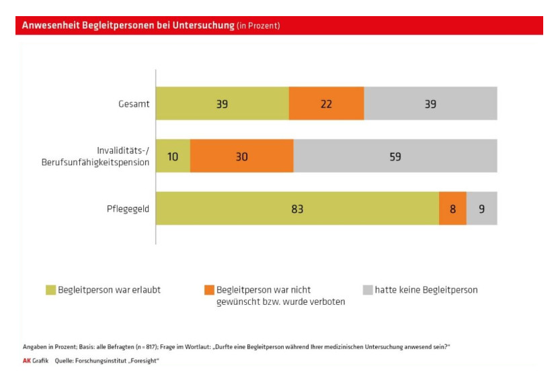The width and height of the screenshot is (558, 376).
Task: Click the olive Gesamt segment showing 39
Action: point(222,104)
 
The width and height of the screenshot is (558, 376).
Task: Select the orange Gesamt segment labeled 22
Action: point(326,104)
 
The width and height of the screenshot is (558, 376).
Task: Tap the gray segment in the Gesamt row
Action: point(430,104)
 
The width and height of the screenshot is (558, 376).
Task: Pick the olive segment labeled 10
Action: point(173,156)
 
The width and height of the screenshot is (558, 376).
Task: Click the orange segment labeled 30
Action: point(241,156)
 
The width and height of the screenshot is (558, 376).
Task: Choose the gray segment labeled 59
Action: point(395,156)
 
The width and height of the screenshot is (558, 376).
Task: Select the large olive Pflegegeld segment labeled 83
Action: point(297,209)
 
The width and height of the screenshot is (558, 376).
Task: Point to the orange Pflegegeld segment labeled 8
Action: point(452,209)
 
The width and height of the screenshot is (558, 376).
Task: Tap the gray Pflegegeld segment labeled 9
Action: point(482,209)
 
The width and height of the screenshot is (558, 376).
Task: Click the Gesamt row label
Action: point(132,104)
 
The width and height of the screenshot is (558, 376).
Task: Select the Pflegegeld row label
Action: point(127,209)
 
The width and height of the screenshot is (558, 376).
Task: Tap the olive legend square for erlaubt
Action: point(50,290)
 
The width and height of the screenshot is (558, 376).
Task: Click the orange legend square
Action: point(209,290)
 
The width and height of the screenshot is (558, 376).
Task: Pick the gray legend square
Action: point(368,290)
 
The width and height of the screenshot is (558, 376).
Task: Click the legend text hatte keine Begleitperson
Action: point(426,290)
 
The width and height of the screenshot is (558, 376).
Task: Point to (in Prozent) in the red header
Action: point(258,26)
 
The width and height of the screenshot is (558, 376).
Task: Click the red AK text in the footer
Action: point(26,361)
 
